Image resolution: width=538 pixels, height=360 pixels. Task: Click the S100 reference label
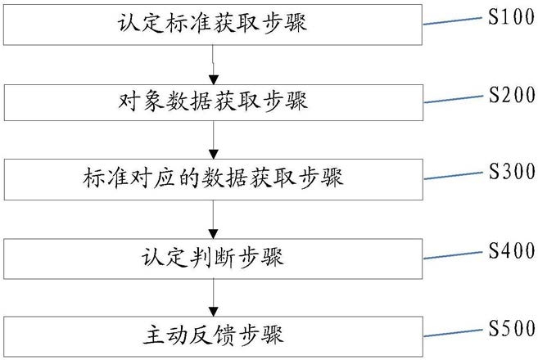(511, 17)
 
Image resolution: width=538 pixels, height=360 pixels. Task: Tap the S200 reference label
(512, 95)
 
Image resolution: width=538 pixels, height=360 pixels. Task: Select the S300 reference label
(512, 171)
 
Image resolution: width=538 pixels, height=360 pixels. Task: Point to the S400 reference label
(512, 250)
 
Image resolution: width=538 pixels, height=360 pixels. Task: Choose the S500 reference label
(512, 328)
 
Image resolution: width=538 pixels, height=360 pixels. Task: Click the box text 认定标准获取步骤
(212, 24)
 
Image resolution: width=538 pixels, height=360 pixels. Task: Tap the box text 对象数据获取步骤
(213, 101)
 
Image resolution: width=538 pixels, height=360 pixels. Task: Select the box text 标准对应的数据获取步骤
(213, 178)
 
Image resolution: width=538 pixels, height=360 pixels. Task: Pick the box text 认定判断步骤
(213, 257)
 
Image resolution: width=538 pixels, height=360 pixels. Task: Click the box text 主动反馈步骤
(213, 335)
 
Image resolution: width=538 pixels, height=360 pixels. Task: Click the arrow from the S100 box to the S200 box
(214, 65)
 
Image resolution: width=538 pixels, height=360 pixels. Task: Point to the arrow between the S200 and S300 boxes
(214, 140)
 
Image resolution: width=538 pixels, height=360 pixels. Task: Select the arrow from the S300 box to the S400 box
(214, 219)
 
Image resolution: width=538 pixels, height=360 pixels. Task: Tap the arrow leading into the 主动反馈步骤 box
(214, 298)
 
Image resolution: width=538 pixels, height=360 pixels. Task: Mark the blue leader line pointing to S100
(453, 21)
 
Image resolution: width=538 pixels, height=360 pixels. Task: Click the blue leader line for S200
(454, 99)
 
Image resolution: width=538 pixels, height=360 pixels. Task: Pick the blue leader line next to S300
(454, 176)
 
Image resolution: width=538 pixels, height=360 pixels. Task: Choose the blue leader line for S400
(454, 255)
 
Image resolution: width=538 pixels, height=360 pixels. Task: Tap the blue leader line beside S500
(454, 333)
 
